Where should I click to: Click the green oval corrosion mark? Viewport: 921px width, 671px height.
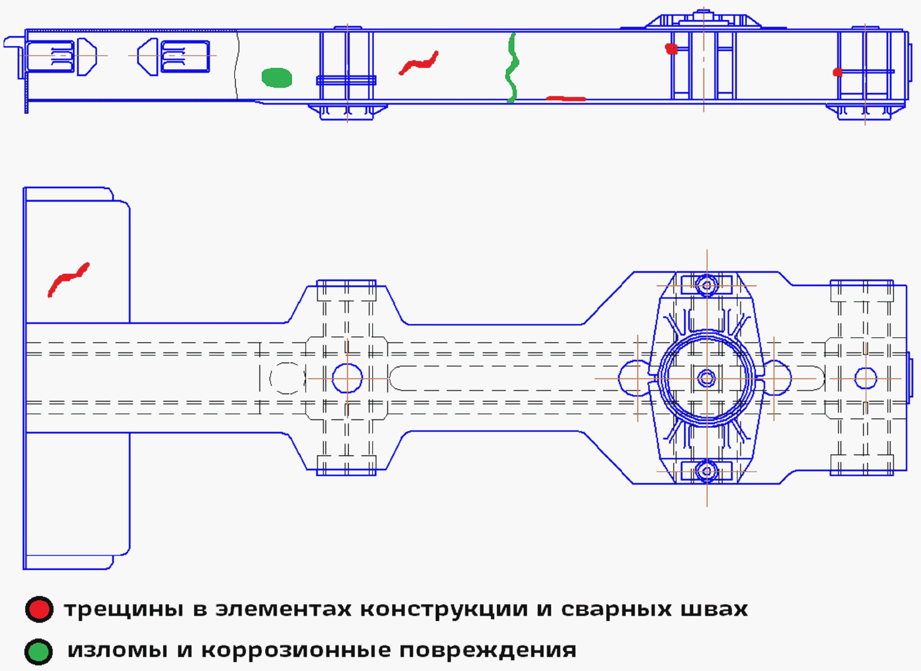tap(277, 78)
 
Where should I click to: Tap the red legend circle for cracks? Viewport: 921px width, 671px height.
tap(39, 609)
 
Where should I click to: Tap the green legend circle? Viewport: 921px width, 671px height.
tap(39, 651)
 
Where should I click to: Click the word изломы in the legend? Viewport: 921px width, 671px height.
tap(117, 650)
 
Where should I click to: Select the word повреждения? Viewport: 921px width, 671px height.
tap(488, 650)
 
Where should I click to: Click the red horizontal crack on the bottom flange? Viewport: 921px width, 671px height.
tap(565, 98)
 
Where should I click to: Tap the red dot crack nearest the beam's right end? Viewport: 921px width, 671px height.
tap(837, 72)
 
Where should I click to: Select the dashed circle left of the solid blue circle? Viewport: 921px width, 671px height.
tap(287, 378)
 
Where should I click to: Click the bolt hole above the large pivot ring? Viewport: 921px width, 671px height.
tap(707, 285)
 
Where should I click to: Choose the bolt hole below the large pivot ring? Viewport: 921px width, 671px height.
tap(707, 471)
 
